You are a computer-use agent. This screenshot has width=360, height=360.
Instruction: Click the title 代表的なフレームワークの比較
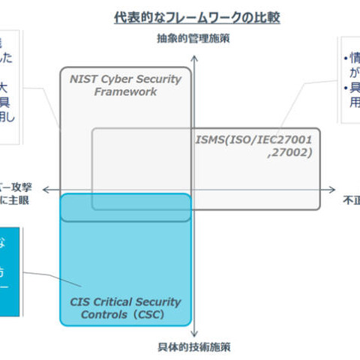point(196,16)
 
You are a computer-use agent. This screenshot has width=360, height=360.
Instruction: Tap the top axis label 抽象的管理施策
point(193,37)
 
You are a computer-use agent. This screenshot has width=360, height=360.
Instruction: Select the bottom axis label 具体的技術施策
point(193,346)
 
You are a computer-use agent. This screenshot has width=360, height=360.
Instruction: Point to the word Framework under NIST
point(125,91)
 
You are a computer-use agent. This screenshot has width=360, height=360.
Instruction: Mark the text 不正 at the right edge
point(351,200)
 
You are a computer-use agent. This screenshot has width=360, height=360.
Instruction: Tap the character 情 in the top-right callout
point(352,58)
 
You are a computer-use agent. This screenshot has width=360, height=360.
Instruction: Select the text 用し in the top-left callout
point(7,116)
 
